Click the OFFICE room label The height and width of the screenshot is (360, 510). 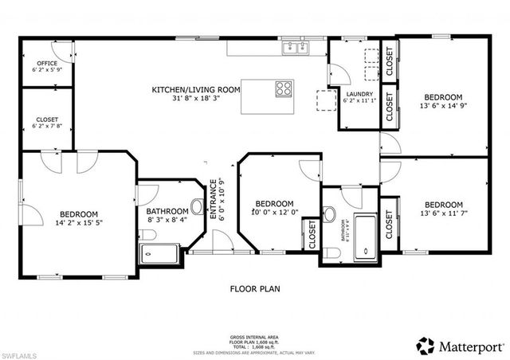[x=46, y=63]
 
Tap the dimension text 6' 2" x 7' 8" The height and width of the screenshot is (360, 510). [x=46, y=126]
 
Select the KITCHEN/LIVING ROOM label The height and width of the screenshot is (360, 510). [x=195, y=90]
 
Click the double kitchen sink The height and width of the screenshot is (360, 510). [x=296, y=49]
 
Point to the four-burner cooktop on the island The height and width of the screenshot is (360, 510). [x=284, y=88]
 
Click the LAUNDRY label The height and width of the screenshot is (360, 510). [x=354, y=93]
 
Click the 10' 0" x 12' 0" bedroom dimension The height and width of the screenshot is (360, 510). [x=274, y=213]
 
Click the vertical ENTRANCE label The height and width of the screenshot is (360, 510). [x=213, y=201]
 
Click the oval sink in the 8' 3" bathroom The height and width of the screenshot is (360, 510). [x=197, y=205]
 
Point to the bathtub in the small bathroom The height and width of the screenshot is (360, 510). [x=366, y=237]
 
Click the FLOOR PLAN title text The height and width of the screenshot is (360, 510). [x=255, y=289]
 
